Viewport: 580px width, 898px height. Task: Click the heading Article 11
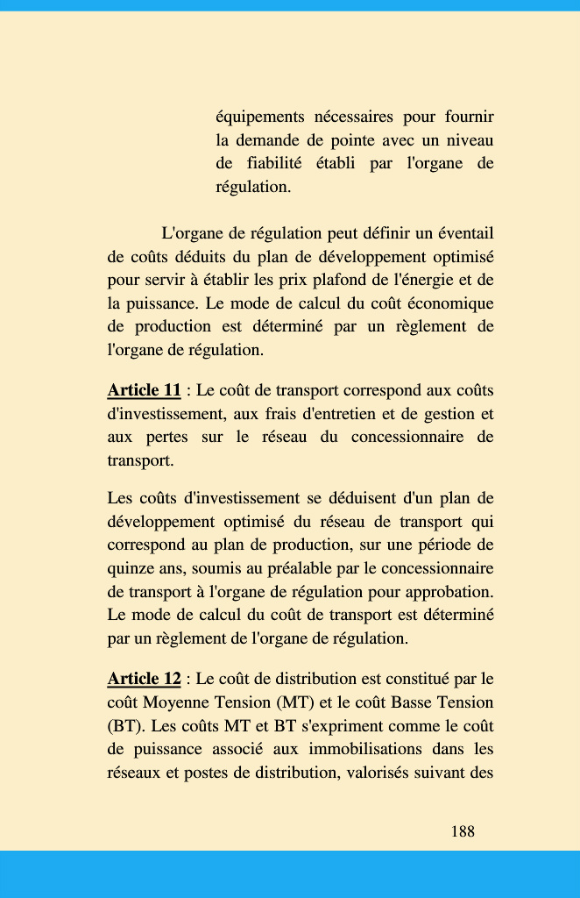tap(144, 390)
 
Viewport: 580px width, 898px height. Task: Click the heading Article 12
tap(144, 679)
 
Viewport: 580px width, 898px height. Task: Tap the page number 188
tap(463, 831)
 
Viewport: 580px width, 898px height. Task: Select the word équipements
tap(259, 117)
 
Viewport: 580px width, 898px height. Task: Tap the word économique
tap(447, 304)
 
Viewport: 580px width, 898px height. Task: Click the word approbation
tap(447, 590)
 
